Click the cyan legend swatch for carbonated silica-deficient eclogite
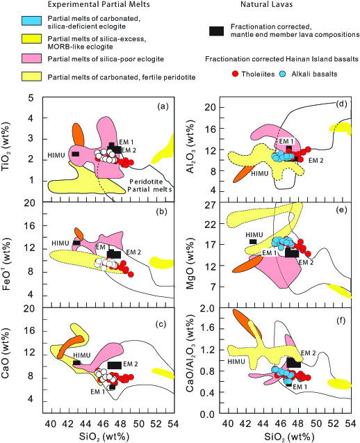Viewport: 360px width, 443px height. point(32,21)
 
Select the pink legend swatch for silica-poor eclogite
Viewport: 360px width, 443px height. point(32,58)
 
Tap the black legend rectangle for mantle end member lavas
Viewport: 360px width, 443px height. point(217,31)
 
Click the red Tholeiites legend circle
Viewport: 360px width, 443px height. point(235,74)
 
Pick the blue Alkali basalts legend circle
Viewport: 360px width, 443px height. point(282,74)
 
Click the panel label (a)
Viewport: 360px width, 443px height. point(163,106)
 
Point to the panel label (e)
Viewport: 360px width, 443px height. point(341,209)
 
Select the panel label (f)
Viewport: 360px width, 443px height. point(341,321)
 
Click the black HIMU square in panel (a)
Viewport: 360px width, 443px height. point(75,154)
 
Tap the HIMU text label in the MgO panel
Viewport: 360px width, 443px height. point(254,235)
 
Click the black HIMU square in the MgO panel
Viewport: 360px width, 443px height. point(253,241)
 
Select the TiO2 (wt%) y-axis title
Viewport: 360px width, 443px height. point(6,147)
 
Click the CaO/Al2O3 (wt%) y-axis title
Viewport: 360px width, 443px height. point(190,353)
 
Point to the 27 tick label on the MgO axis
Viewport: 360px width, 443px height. point(210,205)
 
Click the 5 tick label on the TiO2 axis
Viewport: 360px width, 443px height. point(31,98)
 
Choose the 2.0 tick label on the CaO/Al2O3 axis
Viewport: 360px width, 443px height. point(208,308)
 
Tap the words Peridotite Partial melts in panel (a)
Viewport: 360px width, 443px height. point(149,185)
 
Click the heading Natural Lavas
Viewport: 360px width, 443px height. point(267,4)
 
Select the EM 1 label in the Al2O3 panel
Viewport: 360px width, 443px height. point(286,141)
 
